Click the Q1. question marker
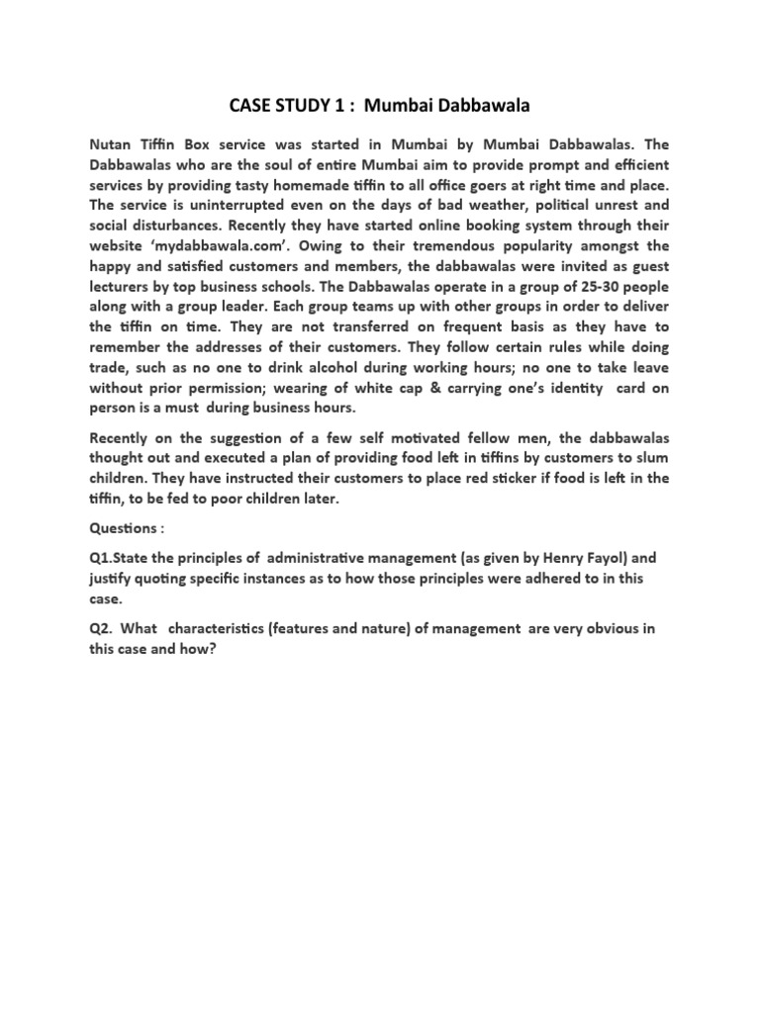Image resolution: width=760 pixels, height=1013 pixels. (x=103, y=558)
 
